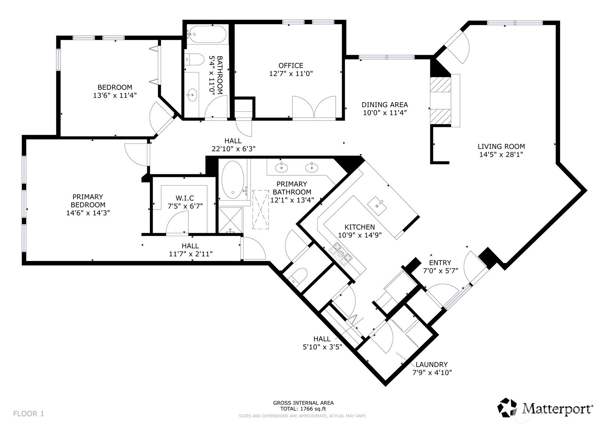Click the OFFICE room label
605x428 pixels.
coord(291,66)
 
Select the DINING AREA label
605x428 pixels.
coord(384,105)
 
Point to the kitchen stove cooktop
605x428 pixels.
coord(341,253)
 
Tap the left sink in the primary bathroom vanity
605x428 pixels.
coord(282,168)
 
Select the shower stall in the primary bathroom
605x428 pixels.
coord(230,220)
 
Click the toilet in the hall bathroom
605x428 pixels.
coord(195,59)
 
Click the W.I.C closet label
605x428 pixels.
coord(180,199)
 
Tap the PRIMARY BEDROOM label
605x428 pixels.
coord(88,201)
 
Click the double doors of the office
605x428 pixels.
coord(314,108)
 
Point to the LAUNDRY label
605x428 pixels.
coord(431,364)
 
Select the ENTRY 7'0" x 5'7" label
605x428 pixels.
coord(440,267)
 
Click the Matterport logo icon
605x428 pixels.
coord(507,407)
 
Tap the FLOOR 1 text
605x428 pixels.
coord(29,414)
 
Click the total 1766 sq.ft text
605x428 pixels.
coord(303,409)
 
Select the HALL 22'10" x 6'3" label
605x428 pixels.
coord(233,145)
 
